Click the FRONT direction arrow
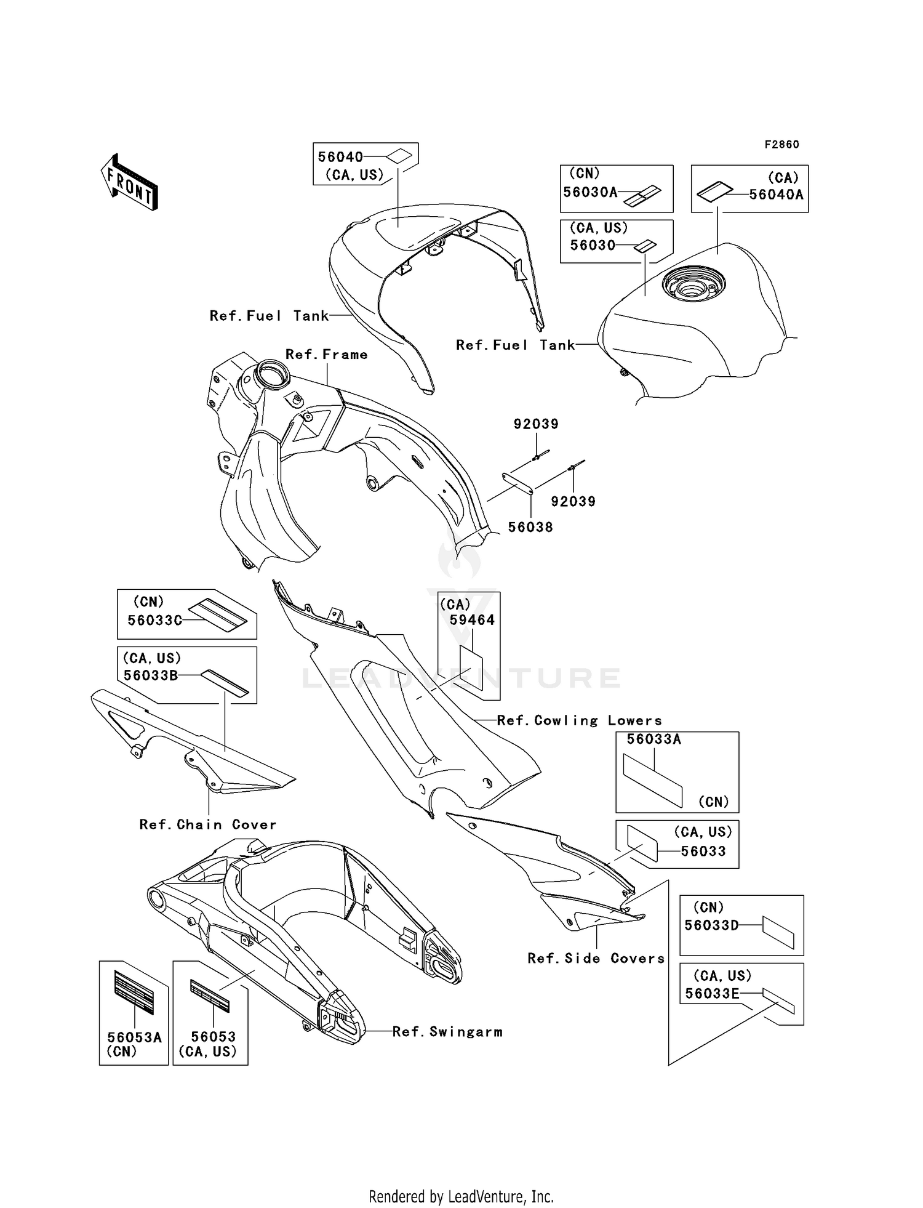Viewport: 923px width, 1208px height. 129,182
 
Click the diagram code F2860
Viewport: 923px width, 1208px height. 781,145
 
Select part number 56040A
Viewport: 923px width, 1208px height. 776,195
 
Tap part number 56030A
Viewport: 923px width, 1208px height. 590,192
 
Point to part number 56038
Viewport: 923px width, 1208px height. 530,527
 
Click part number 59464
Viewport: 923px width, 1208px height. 472,620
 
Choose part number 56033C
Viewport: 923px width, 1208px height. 154,620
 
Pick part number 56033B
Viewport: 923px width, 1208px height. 151,675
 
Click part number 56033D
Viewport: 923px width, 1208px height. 711,925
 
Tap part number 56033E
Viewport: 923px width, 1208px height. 711,993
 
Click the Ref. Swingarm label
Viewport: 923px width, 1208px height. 447,1032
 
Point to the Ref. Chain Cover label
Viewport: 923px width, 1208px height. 208,824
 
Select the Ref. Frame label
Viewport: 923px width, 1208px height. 327,355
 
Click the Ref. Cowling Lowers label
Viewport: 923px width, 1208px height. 580,720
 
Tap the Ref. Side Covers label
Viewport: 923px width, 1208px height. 596,958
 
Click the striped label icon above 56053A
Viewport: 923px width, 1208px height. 134,993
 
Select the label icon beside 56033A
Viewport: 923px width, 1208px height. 653,780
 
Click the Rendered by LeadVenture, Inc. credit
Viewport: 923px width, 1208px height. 461,1196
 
